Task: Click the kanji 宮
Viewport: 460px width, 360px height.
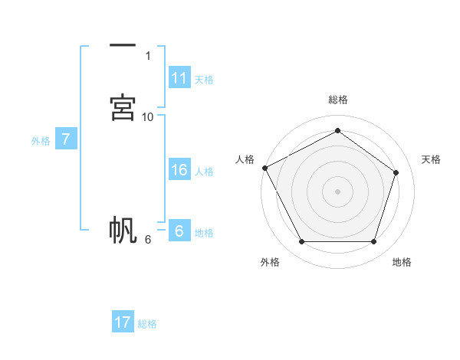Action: click(123, 107)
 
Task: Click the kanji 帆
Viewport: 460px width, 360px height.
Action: click(123, 230)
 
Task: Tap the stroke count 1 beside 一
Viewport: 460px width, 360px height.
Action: click(148, 55)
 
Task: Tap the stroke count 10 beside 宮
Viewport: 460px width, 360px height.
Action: click(148, 116)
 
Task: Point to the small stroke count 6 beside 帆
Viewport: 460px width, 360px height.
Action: click(148, 239)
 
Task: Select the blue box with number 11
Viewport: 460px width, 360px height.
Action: click(179, 78)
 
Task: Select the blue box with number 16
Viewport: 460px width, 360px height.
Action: click(179, 171)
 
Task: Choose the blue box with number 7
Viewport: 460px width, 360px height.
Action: click(66, 139)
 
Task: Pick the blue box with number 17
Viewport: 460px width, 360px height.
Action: click(123, 322)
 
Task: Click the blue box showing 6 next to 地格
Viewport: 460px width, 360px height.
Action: click(179, 231)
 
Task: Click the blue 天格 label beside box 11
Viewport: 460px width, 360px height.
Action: click(204, 80)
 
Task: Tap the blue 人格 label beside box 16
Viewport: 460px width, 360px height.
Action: click(204, 172)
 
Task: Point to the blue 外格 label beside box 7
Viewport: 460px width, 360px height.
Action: click(41, 140)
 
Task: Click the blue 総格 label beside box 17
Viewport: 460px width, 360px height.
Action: click(147, 324)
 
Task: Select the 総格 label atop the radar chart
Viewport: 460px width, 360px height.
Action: click(337, 100)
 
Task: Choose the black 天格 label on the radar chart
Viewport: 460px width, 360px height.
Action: click(431, 159)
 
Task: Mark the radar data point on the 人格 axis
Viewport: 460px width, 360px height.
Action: click(264, 168)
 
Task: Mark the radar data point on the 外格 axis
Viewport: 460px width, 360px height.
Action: click(301, 242)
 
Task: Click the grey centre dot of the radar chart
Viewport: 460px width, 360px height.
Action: click(337, 191)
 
